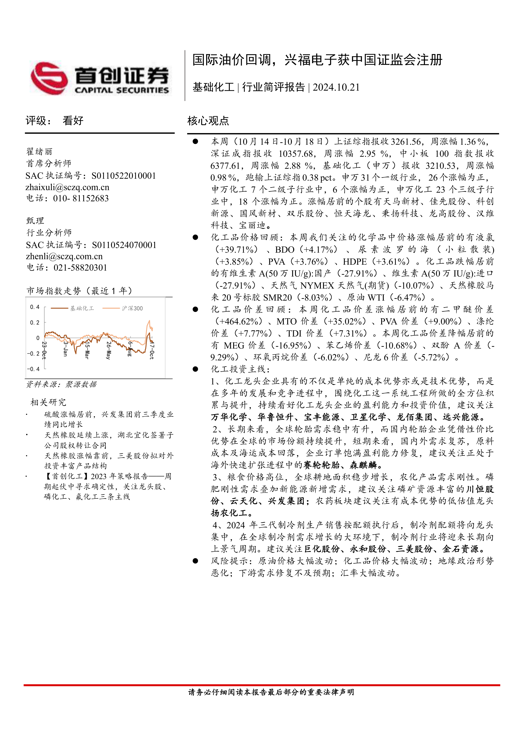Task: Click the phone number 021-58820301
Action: click(x=80, y=268)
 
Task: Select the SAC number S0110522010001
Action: click(x=124, y=176)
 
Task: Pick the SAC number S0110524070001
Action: click(x=124, y=245)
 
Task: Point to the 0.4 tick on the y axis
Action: click(x=34, y=307)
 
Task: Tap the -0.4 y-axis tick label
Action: click(x=33, y=369)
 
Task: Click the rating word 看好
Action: click(x=73, y=121)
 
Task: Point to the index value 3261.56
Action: click(x=406, y=142)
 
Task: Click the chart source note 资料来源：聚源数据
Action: click(x=61, y=384)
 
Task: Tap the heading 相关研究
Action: click(x=48, y=402)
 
